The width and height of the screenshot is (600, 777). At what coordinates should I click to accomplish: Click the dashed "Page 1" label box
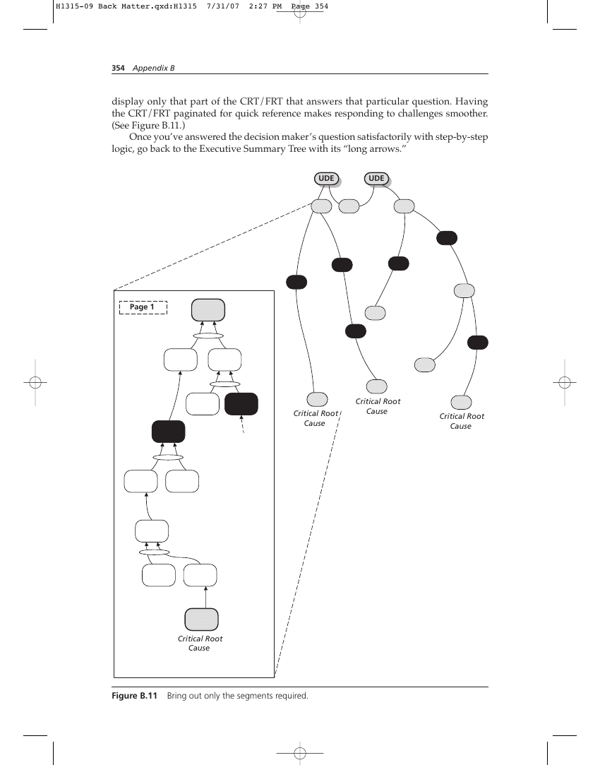click(x=143, y=307)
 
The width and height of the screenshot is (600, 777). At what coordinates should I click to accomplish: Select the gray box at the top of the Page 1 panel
click(x=208, y=309)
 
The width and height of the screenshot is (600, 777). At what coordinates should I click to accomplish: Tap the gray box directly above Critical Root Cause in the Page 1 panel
click(x=201, y=619)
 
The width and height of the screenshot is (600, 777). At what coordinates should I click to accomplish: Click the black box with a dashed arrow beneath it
click(x=241, y=404)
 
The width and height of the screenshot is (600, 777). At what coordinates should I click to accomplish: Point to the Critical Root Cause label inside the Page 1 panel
click(x=200, y=643)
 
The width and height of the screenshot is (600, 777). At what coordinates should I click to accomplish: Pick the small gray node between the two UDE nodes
click(x=349, y=206)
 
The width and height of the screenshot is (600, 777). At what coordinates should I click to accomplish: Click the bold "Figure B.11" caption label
click(x=134, y=696)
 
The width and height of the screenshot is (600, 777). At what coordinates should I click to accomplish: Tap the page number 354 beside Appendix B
click(x=118, y=68)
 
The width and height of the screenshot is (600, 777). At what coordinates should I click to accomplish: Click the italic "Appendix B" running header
click(x=153, y=68)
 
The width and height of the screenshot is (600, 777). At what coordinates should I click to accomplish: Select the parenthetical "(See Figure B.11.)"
click(x=148, y=125)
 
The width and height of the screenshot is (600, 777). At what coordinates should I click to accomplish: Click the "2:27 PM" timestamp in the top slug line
click(x=265, y=6)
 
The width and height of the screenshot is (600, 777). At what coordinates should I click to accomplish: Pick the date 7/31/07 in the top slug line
click(x=223, y=6)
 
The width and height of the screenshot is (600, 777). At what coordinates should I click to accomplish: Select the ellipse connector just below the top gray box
click(x=208, y=336)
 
